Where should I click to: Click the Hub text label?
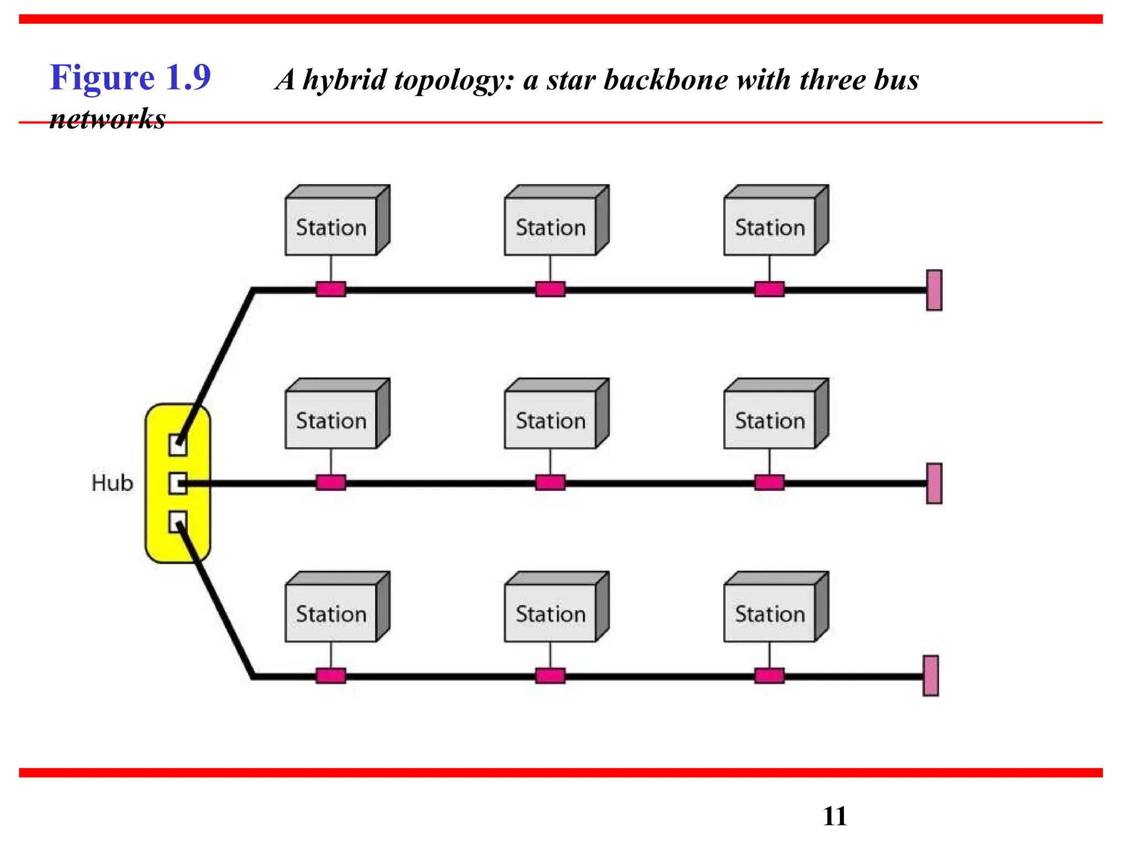112,483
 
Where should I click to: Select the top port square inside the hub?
177,444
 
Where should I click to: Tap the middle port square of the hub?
177,483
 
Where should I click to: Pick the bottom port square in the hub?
177,522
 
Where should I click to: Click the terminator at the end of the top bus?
934,290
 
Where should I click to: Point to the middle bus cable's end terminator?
934,483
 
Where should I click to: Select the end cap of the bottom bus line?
931,675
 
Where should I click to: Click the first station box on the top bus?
331,226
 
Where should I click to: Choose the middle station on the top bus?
551,226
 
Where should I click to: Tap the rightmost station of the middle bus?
770,420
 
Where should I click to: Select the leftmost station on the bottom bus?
331,613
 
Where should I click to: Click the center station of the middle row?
551,420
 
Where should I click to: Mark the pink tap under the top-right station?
769,289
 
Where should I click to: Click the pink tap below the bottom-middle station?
550,676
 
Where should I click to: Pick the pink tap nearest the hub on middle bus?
331,483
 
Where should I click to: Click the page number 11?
834,816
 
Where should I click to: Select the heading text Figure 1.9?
130,77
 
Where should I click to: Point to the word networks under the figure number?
108,119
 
